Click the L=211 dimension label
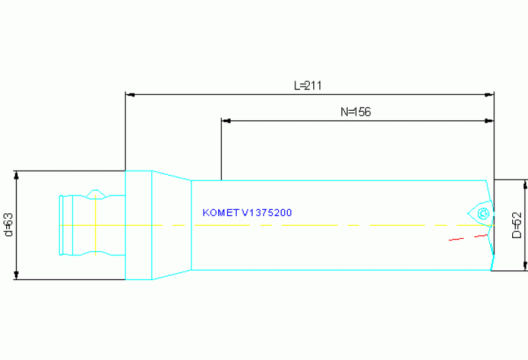coord(308,85)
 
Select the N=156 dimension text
coord(356,112)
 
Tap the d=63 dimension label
coord(9,224)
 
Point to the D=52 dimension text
coord(516,225)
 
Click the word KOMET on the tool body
coord(220,213)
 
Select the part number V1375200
coord(266,213)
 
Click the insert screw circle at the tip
coord(483,213)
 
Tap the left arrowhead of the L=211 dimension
coord(130,95)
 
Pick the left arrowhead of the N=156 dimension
coord(226,121)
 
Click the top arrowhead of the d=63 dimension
coord(16,176)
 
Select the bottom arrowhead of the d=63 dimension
coord(16,275)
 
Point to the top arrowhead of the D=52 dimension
coord(525,184)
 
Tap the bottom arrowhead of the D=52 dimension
coord(525,266)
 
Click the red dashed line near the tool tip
coord(468,237)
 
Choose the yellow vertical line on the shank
coord(96,225)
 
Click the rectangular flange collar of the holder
coord(139,225)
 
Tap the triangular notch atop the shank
coord(96,194)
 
